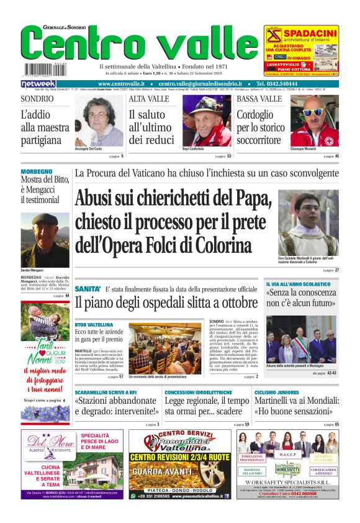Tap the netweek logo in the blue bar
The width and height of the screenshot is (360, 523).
38,83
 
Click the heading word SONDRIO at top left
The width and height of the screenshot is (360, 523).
37,99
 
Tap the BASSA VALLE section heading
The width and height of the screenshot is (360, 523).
259,99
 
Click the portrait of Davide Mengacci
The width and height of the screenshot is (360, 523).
45,240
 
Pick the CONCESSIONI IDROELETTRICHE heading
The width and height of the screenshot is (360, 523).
198,393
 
